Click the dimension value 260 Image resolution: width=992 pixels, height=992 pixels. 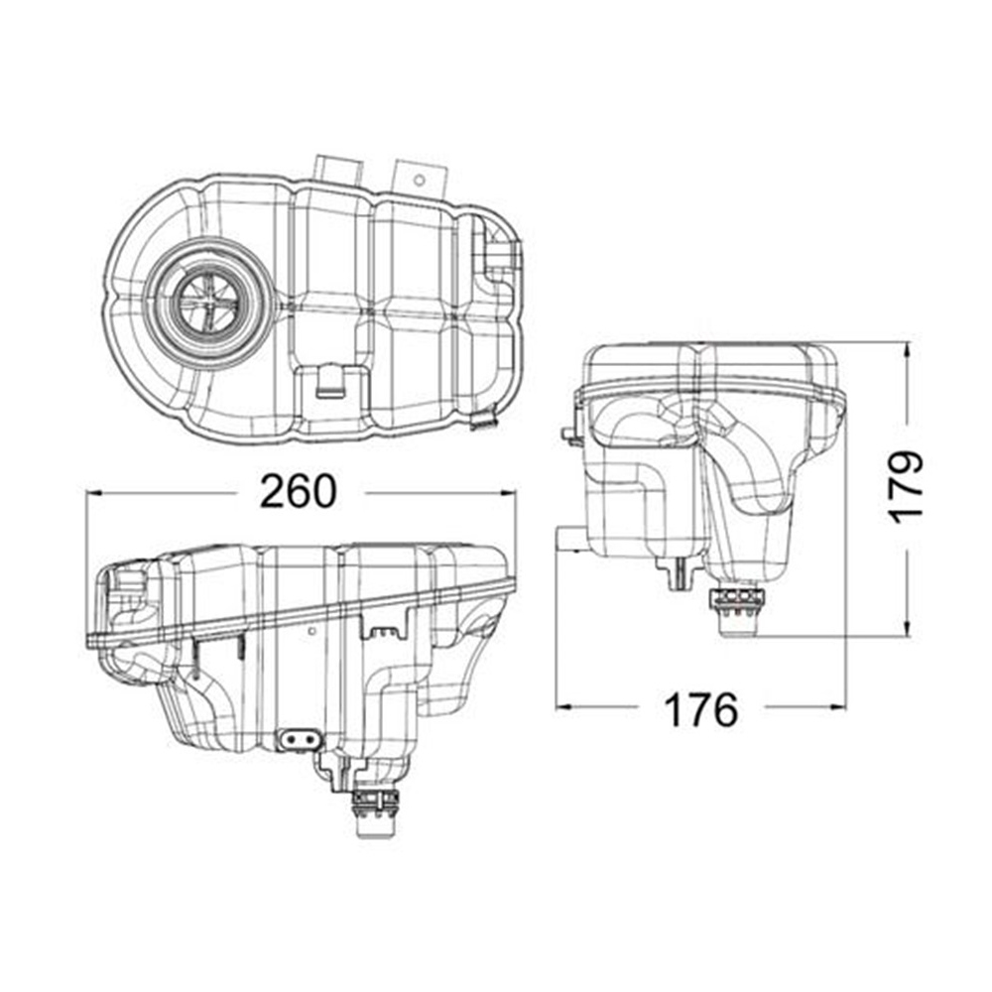tap(299, 491)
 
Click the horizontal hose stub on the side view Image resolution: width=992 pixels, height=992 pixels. tap(568, 540)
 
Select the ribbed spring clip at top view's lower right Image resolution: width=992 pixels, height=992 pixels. tap(481, 419)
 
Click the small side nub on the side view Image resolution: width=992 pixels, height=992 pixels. tap(568, 434)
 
